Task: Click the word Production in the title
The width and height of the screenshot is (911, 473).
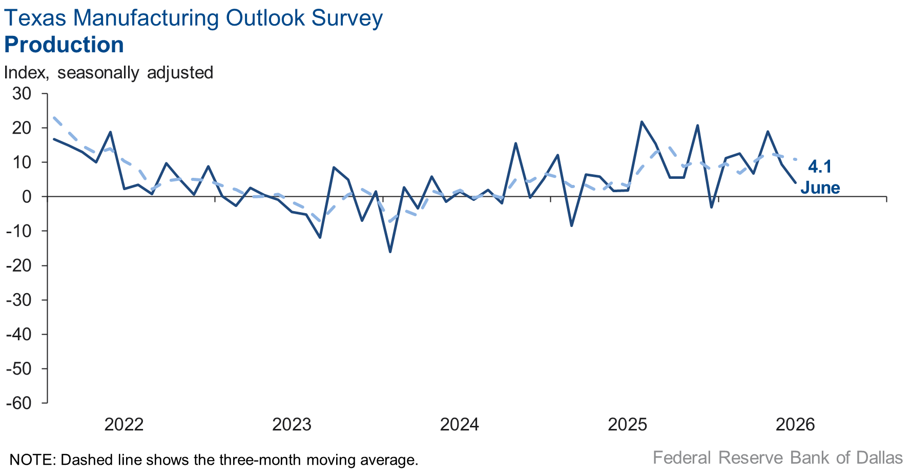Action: point(64,45)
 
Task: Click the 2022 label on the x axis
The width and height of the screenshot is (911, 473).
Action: point(124,425)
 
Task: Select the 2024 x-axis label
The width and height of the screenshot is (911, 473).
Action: point(460,425)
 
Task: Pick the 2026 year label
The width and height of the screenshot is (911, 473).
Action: point(795,425)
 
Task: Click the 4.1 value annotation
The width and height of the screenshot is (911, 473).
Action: point(820,167)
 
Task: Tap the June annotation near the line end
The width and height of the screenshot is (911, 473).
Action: point(820,188)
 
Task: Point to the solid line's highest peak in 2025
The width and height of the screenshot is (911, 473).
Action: point(641,121)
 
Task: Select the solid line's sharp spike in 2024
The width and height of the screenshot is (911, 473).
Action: point(515,143)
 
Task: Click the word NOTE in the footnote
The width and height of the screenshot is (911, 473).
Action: point(31,460)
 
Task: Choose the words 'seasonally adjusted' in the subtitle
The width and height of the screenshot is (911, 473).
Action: point(135,73)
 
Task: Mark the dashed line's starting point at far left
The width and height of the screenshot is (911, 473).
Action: point(54,117)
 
